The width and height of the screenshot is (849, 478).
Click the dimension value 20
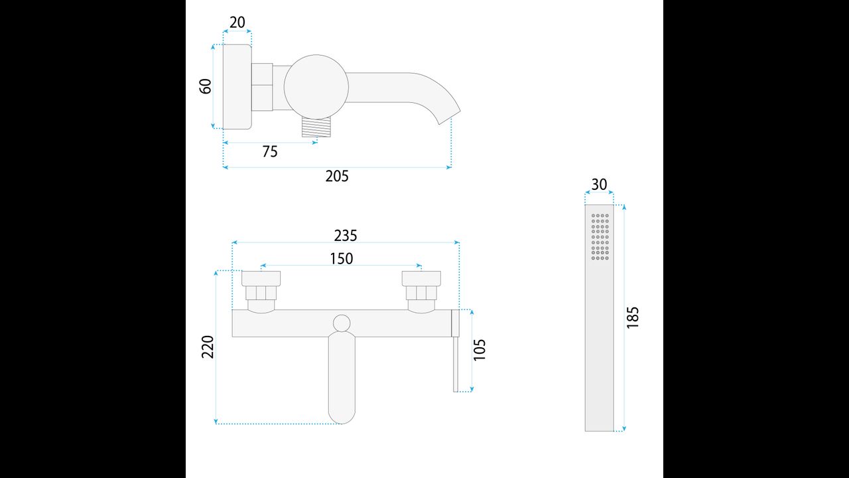coord(237,23)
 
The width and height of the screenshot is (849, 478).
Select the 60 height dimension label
coord(206,86)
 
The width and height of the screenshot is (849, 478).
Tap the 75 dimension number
coord(270,151)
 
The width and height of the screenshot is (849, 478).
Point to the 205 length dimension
coord(337,176)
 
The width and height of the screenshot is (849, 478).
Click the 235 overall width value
coord(346,236)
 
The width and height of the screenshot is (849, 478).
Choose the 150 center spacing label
coord(342,259)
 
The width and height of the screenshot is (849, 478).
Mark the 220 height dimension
coord(208,347)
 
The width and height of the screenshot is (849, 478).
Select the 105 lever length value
coord(480,350)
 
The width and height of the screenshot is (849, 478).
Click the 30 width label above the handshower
coord(599,185)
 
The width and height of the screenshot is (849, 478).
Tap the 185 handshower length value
coord(633,317)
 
